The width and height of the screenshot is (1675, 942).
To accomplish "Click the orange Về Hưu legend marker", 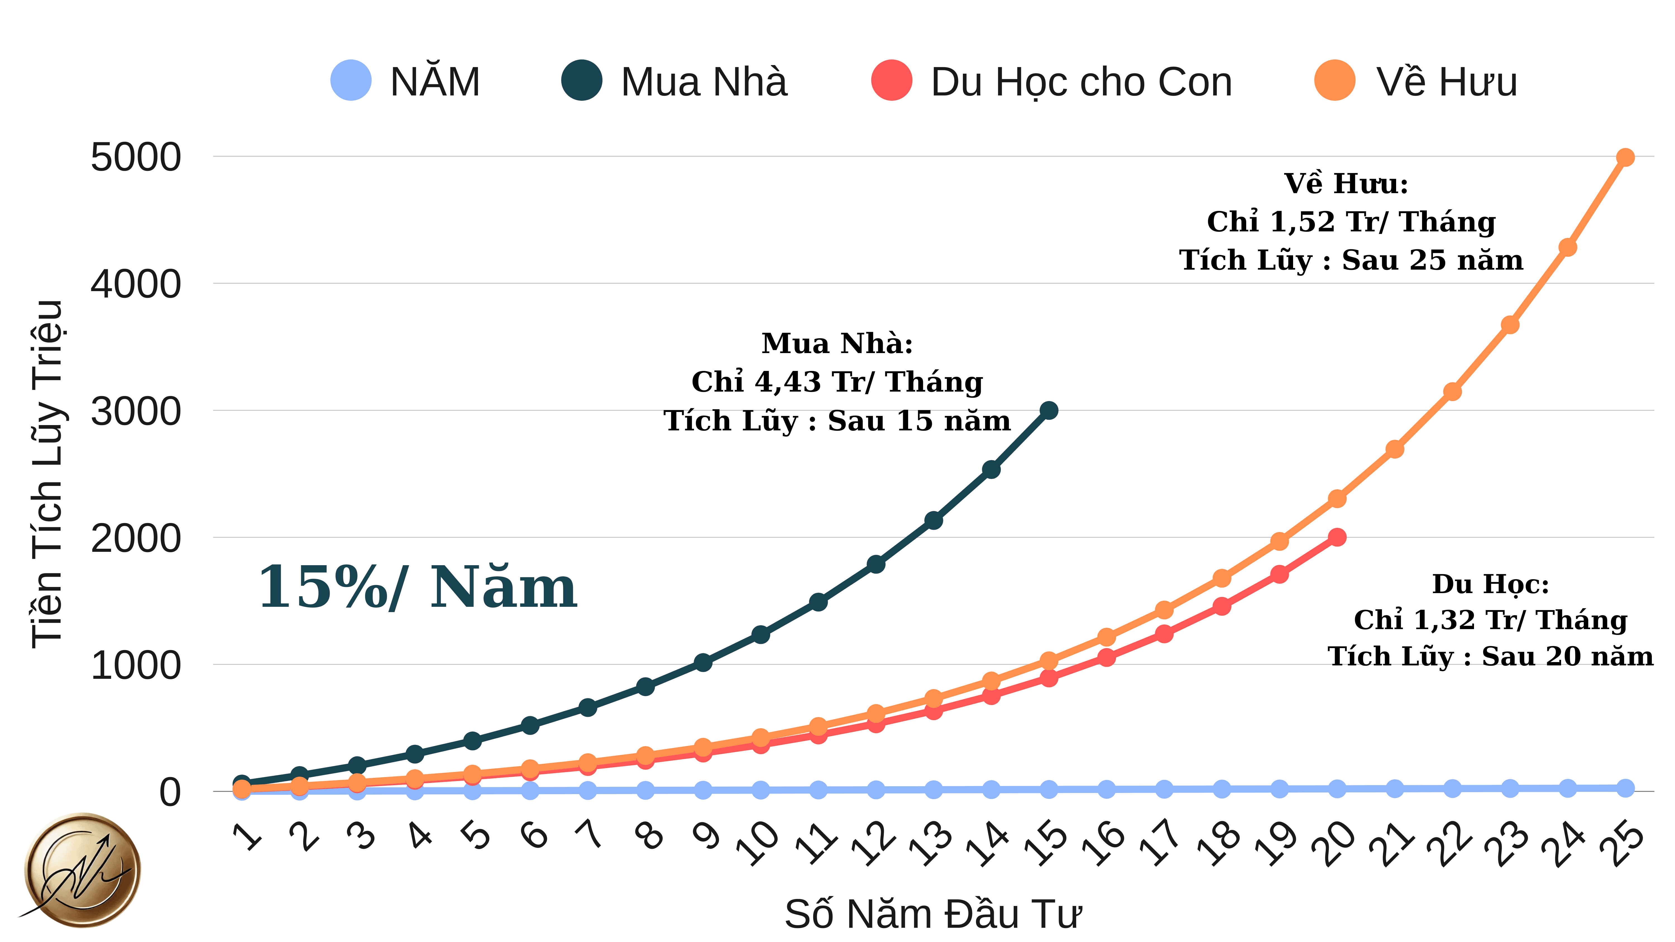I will click(x=1334, y=81).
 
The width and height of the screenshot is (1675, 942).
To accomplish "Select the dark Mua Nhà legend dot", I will click(x=581, y=81).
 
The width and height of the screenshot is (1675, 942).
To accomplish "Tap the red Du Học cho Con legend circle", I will click(x=891, y=81).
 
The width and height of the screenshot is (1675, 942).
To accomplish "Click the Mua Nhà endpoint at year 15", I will click(x=1048, y=410).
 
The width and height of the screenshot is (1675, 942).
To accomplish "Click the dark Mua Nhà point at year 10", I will click(x=760, y=634).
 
